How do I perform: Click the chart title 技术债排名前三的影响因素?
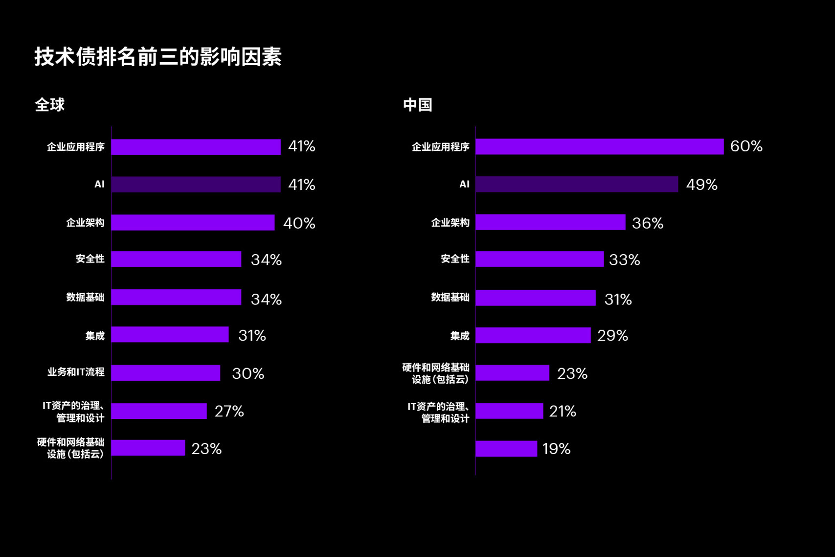pyautogui.click(x=158, y=57)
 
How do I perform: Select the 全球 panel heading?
pyautogui.click(x=49, y=105)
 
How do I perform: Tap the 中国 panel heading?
pyautogui.click(x=417, y=105)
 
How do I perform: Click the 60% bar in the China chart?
pyautogui.click(x=599, y=147)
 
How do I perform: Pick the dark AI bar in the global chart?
pyautogui.click(x=196, y=185)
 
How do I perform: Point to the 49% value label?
pyautogui.click(x=701, y=185)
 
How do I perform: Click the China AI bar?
pyautogui.click(x=577, y=185)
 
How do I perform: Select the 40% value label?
pyautogui.click(x=299, y=223)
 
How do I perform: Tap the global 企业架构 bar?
pyautogui.click(x=193, y=223)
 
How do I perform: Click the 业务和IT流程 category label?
pyautogui.click(x=76, y=372)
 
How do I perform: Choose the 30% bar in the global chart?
pyautogui.click(x=165, y=373)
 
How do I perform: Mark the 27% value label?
pyautogui.click(x=229, y=411)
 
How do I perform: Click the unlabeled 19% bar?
pyautogui.click(x=506, y=449)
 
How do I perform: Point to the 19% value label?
pyautogui.click(x=556, y=449)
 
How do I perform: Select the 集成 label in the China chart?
pyautogui.click(x=460, y=336)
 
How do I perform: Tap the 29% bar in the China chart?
pyautogui.click(x=533, y=335)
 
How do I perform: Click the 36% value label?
pyautogui.click(x=647, y=223)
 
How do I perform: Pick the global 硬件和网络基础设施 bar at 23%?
pyautogui.click(x=148, y=448)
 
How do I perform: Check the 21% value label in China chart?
pyautogui.click(x=563, y=411)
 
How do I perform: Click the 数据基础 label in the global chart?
pyautogui.click(x=85, y=297)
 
